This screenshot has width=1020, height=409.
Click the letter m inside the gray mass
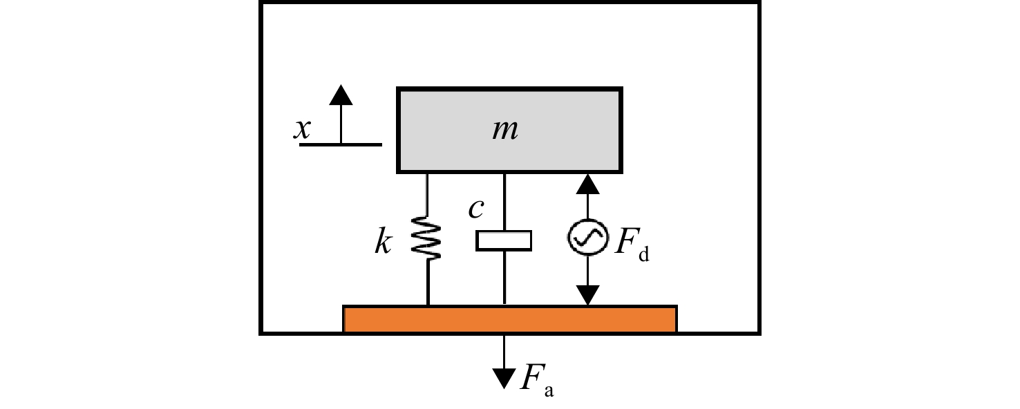coord(505,129)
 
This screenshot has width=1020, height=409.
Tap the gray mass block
coord(509,131)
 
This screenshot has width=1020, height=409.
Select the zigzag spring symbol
coord(426,238)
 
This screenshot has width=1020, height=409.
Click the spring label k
coord(383,241)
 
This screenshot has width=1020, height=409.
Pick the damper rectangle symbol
coord(504,241)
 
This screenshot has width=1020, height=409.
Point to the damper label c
coord(476,209)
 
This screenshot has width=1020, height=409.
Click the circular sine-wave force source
coord(588,237)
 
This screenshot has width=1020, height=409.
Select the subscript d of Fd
coord(644,255)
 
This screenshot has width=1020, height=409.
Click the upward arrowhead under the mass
coord(588,184)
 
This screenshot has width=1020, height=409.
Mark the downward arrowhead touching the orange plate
coord(588,295)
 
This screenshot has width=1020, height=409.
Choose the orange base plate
coord(510,319)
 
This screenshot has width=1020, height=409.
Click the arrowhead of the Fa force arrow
coord(504,379)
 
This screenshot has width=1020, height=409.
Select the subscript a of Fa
coord(549,391)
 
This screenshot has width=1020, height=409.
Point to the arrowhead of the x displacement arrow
coord(341,95)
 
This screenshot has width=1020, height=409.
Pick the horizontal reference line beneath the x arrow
coord(341,145)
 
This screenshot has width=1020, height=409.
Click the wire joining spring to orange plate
coord(428,283)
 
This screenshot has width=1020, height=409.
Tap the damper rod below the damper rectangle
coord(504,278)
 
